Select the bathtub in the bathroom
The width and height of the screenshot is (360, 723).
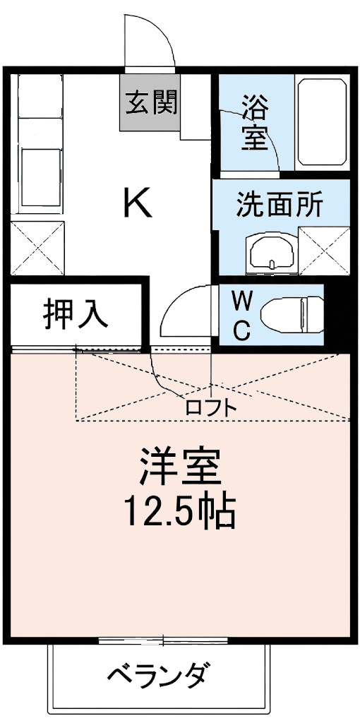pyautogui.click(x=322, y=121)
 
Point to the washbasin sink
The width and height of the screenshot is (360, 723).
pyautogui.click(x=272, y=253)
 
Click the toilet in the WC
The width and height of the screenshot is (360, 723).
pyautogui.click(x=292, y=314)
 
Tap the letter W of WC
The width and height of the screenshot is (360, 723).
pyautogui.click(x=242, y=302)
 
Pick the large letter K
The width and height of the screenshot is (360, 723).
pyautogui.click(x=138, y=204)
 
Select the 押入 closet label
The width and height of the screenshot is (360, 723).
pyautogui.click(x=76, y=316)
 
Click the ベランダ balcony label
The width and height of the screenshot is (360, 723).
pyautogui.click(x=159, y=676)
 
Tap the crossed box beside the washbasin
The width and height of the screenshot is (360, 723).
pyautogui.click(x=324, y=251)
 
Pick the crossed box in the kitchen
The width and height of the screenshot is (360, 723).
pyautogui.click(x=37, y=248)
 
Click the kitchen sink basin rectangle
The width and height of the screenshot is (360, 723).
pyautogui.click(x=40, y=177)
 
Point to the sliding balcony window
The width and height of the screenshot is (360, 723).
pyautogui.click(x=163, y=640)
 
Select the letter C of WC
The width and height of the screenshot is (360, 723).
pyautogui.click(x=242, y=329)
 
